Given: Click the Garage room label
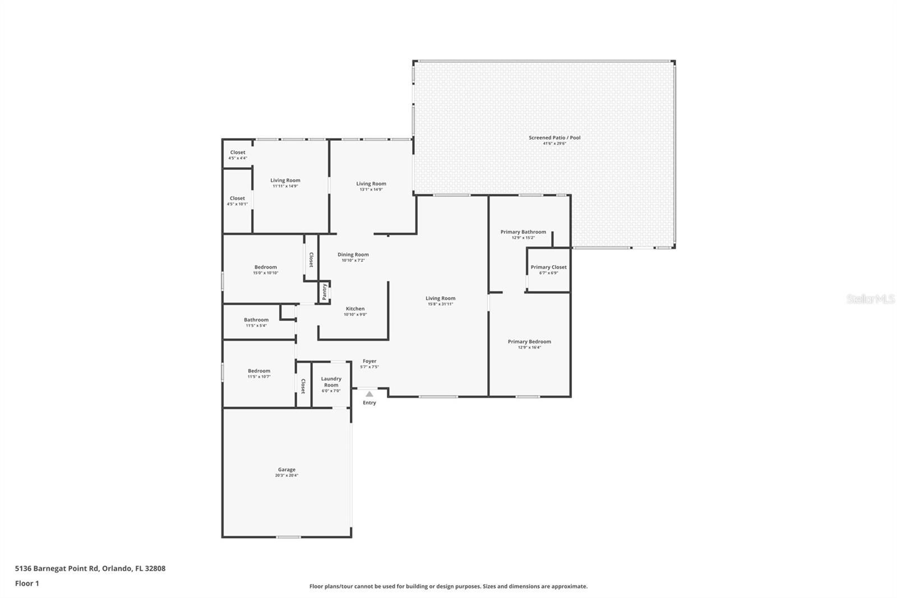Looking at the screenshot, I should coord(286,470).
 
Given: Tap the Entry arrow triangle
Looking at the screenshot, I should coord(369,394).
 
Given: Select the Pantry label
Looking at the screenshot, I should coord(324,292).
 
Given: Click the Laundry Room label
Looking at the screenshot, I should coord(331,382).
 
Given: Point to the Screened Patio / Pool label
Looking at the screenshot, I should coord(554,137).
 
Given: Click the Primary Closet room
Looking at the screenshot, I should coord(548,269).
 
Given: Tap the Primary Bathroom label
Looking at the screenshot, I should coord(523,232).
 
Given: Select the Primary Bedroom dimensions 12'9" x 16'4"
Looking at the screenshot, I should coord(529,347).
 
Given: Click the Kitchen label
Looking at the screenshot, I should coord(355,309).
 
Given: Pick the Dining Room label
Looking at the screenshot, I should coord(353,255).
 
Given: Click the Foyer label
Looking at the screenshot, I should coord(369,361).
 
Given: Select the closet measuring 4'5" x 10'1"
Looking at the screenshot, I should coord(237,201).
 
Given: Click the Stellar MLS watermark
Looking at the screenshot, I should coord(870,299).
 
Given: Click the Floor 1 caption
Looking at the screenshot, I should coord(27,583).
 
